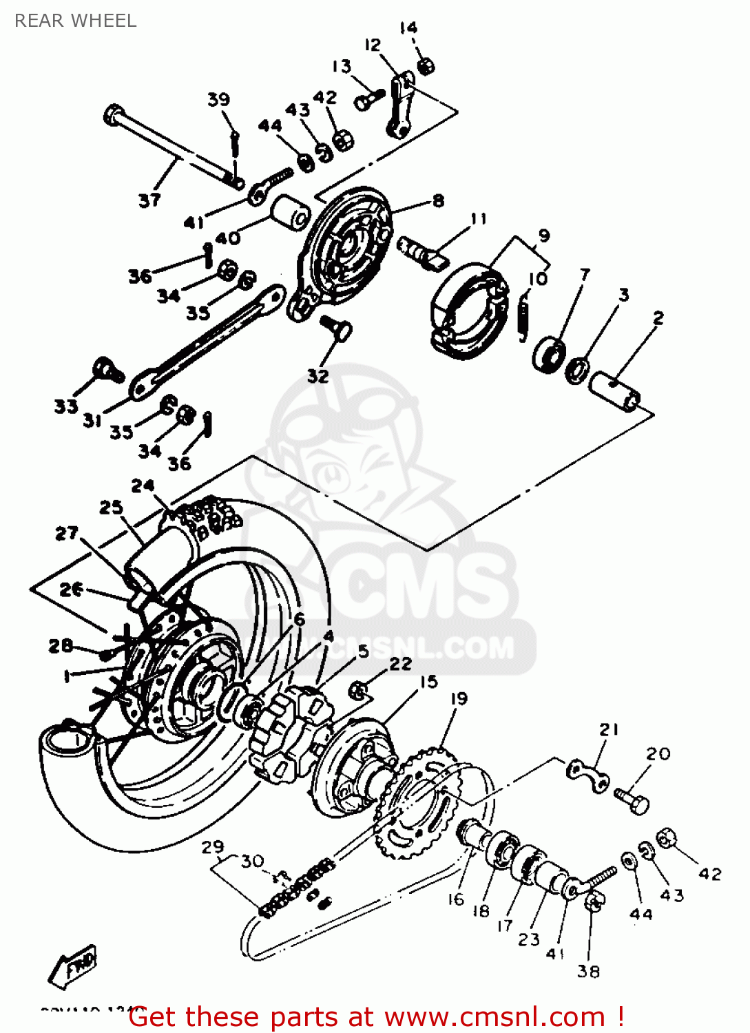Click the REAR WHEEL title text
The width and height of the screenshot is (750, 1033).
click(x=76, y=21)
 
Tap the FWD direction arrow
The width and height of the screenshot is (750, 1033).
click(x=74, y=968)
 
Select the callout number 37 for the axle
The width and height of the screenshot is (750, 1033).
click(x=149, y=200)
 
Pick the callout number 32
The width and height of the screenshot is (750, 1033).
click(x=317, y=376)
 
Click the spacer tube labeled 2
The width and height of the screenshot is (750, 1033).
click(x=614, y=390)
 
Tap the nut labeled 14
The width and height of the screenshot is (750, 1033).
click(x=426, y=65)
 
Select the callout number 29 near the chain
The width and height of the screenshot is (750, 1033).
click(x=212, y=847)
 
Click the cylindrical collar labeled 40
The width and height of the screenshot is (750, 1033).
click(x=291, y=213)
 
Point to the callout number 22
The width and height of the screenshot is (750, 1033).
click(x=400, y=664)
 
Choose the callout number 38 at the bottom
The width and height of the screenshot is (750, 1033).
click(x=588, y=971)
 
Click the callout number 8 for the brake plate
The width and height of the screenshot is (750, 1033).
click(x=439, y=200)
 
